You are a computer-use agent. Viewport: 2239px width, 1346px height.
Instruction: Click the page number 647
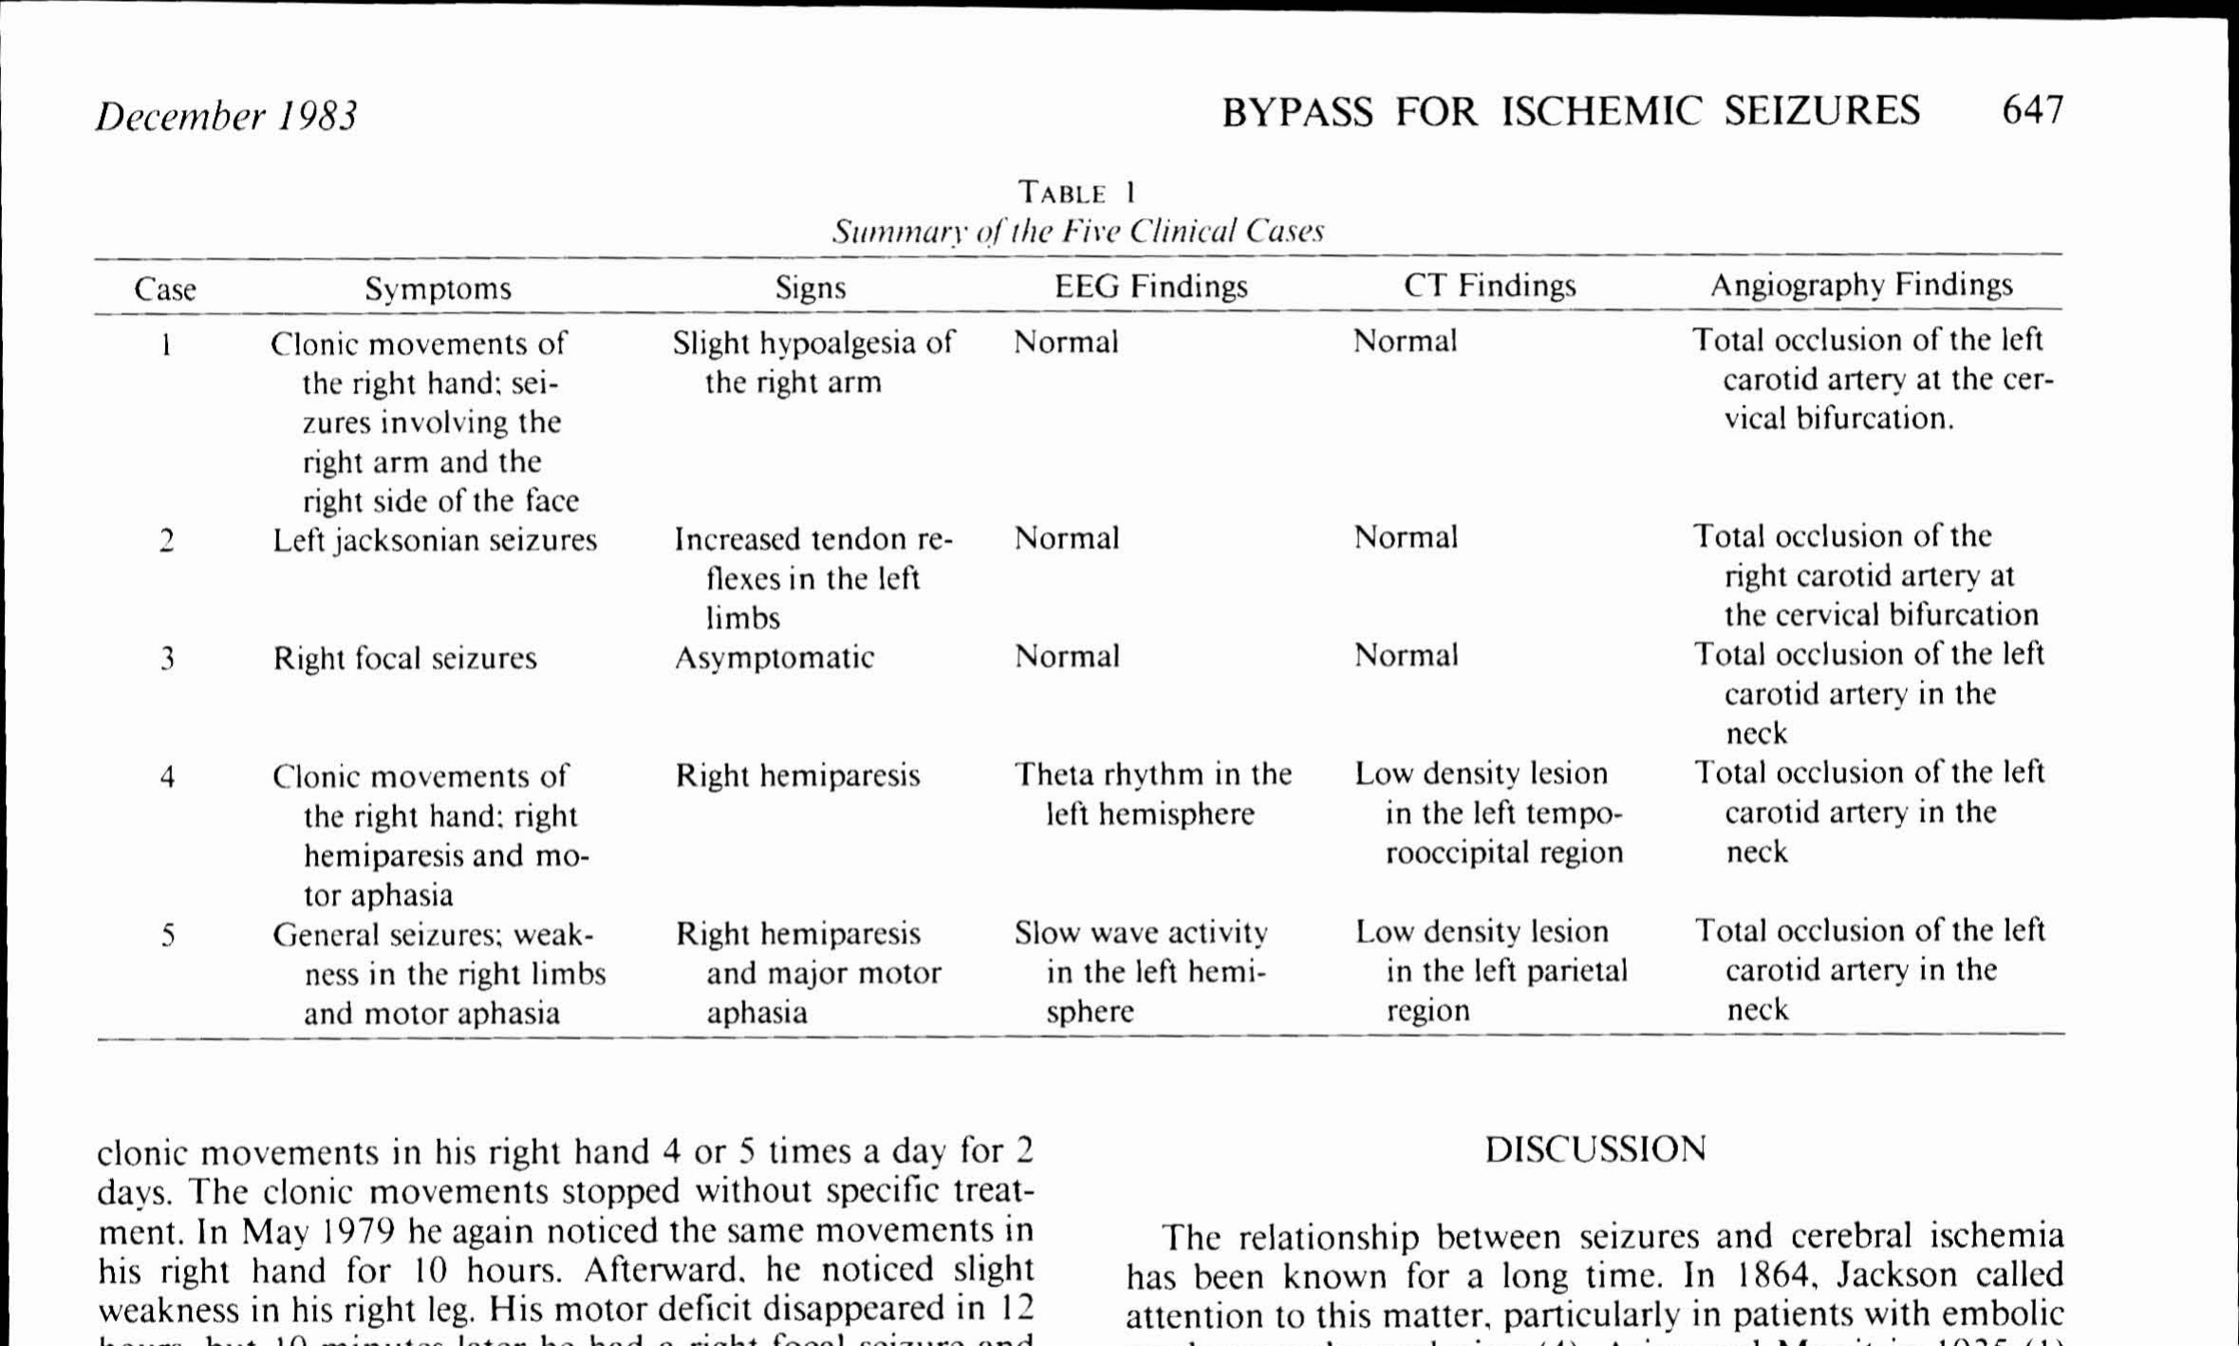[x=2032, y=111]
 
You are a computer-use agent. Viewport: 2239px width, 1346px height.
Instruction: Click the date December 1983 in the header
[x=226, y=116]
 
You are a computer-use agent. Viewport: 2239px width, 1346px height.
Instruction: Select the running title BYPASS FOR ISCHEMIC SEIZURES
[x=1570, y=112]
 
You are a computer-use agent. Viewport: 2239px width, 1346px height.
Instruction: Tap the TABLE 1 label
[x=1076, y=193]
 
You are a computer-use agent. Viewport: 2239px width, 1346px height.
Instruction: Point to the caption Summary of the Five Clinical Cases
[x=1077, y=232]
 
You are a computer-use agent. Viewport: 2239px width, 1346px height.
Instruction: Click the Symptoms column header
[x=438, y=289]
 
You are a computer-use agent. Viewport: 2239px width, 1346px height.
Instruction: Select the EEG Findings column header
[x=1150, y=287]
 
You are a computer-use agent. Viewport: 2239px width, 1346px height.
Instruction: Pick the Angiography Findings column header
[x=1860, y=285]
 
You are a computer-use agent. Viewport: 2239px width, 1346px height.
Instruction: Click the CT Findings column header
[x=1489, y=286]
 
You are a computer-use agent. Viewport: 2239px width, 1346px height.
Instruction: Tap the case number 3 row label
[x=167, y=658]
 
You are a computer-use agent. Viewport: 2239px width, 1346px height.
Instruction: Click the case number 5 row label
[x=167, y=936]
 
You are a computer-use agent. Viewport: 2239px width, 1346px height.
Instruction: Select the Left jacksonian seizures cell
[x=435, y=540]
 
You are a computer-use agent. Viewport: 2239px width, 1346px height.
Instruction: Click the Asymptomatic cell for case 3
[x=774, y=657]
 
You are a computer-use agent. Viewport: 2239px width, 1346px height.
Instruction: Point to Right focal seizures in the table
[x=404, y=658]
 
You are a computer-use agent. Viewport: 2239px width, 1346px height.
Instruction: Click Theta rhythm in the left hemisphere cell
[x=1152, y=794]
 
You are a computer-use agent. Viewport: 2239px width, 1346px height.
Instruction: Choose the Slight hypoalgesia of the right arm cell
[x=812, y=362]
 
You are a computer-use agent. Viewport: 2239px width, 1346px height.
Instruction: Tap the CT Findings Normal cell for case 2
[x=1405, y=537]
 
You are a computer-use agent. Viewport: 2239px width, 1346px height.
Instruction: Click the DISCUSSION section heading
[x=1595, y=1150]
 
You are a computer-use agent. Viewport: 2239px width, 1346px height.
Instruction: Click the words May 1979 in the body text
[x=317, y=1232]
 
